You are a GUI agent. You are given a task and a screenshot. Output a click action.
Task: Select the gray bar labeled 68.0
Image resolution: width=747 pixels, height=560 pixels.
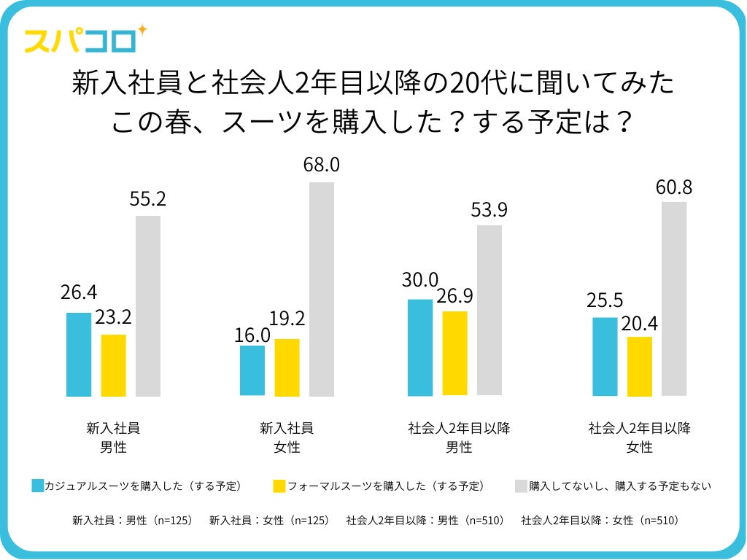322,289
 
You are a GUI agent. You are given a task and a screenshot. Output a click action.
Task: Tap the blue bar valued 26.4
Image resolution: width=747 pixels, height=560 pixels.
79,354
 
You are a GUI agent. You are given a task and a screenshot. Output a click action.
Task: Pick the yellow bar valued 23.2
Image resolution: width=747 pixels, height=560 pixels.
113,365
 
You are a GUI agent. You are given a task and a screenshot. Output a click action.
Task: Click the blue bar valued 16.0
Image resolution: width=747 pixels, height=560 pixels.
252,370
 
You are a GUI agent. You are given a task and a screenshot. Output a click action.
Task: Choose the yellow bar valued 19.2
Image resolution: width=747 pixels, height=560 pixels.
287,367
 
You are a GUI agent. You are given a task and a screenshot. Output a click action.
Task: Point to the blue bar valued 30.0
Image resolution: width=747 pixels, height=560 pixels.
419,347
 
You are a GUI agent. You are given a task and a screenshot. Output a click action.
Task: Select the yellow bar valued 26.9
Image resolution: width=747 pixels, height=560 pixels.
454,353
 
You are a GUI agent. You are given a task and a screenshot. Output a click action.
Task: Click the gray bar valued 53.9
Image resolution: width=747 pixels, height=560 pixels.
489,310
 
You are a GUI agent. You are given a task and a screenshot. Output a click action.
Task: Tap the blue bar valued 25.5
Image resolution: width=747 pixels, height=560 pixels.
605,357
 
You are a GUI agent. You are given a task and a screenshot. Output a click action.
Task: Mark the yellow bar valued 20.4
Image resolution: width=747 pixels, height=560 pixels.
640,366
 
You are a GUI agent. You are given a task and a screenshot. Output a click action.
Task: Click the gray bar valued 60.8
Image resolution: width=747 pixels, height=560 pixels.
674,298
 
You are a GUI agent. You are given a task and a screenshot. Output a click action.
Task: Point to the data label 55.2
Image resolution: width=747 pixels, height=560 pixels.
148,198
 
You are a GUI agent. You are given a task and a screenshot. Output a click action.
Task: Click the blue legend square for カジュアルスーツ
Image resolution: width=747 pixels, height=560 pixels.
39,486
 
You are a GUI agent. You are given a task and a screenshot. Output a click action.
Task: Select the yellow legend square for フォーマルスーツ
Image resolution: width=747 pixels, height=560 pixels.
279,486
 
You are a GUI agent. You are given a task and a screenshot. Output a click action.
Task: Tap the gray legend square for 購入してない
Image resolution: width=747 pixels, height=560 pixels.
521,486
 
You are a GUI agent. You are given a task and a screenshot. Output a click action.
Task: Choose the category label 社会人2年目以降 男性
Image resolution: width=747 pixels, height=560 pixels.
459,437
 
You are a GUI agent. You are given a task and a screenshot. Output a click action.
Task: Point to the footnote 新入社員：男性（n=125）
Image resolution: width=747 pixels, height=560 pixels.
132,521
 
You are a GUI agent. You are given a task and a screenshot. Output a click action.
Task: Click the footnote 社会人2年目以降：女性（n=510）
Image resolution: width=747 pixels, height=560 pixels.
600,521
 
